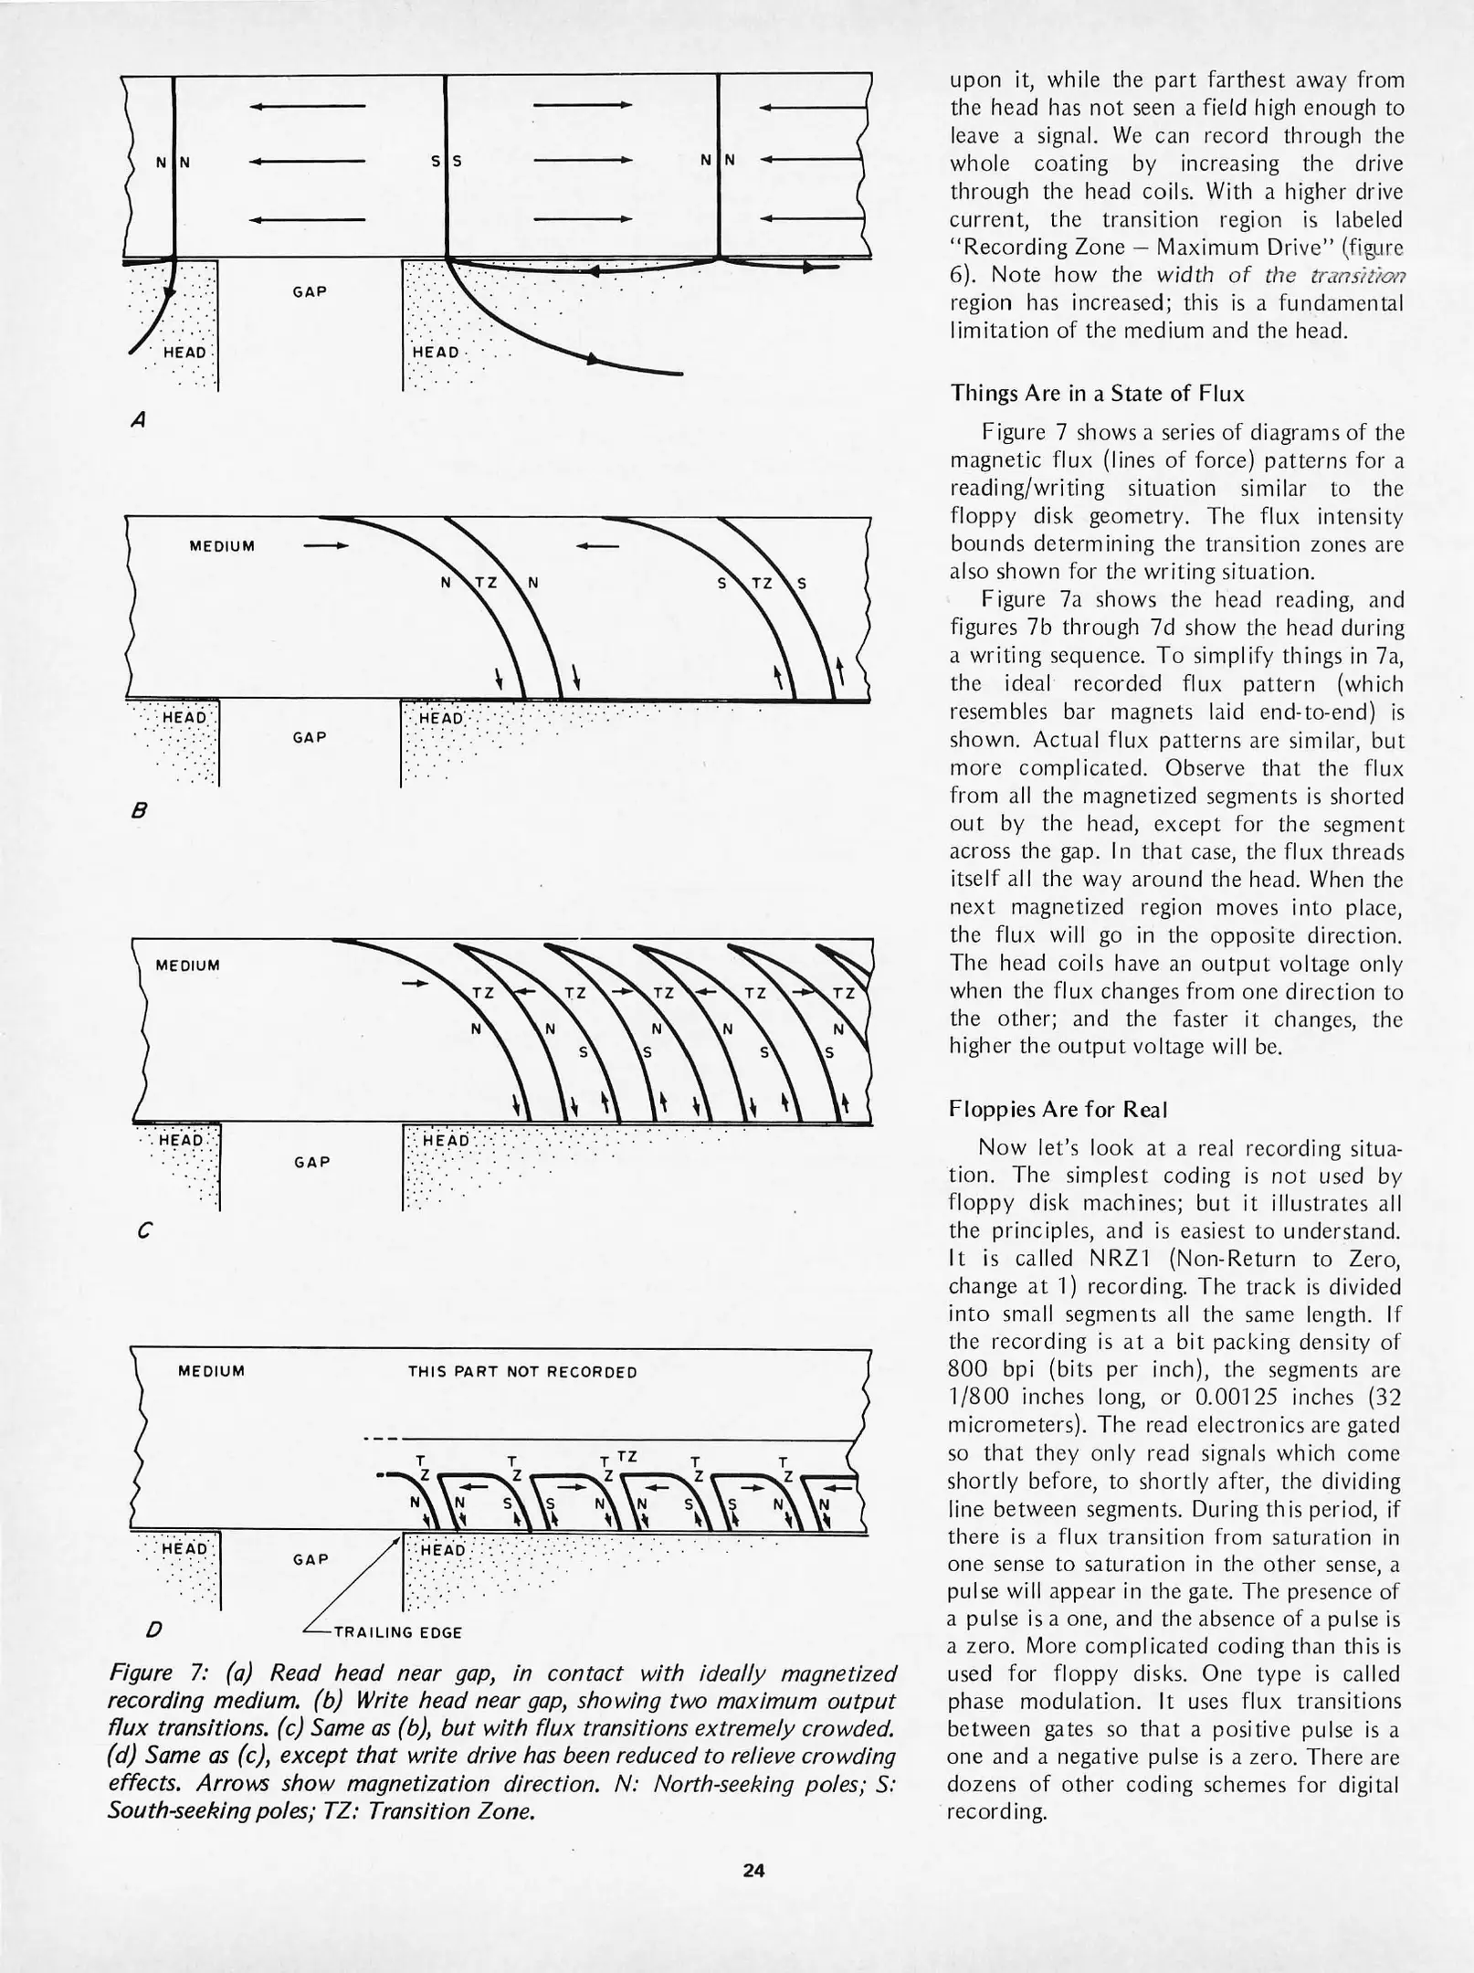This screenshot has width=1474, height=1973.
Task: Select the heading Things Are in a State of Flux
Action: coord(1097,393)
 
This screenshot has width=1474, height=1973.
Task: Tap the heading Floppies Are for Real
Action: coord(1058,1109)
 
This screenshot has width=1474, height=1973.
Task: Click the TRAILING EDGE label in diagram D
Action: coord(397,1632)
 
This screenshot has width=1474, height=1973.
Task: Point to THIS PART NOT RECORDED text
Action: coord(521,1372)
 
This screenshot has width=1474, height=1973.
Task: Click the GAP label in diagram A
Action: coord(311,291)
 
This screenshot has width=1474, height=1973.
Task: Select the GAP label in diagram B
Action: coord(311,736)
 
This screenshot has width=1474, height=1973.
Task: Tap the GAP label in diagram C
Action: coord(311,1162)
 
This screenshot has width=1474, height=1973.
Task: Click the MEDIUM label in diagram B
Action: coord(221,546)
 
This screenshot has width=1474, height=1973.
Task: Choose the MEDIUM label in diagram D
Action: coord(212,1371)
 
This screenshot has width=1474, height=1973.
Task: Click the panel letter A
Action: coord(138,420)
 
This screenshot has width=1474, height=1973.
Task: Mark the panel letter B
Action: coord(139,810)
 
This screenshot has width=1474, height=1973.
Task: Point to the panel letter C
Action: coord(142,1231)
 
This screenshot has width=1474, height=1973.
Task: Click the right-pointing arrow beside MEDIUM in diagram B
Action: coord(326,546)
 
